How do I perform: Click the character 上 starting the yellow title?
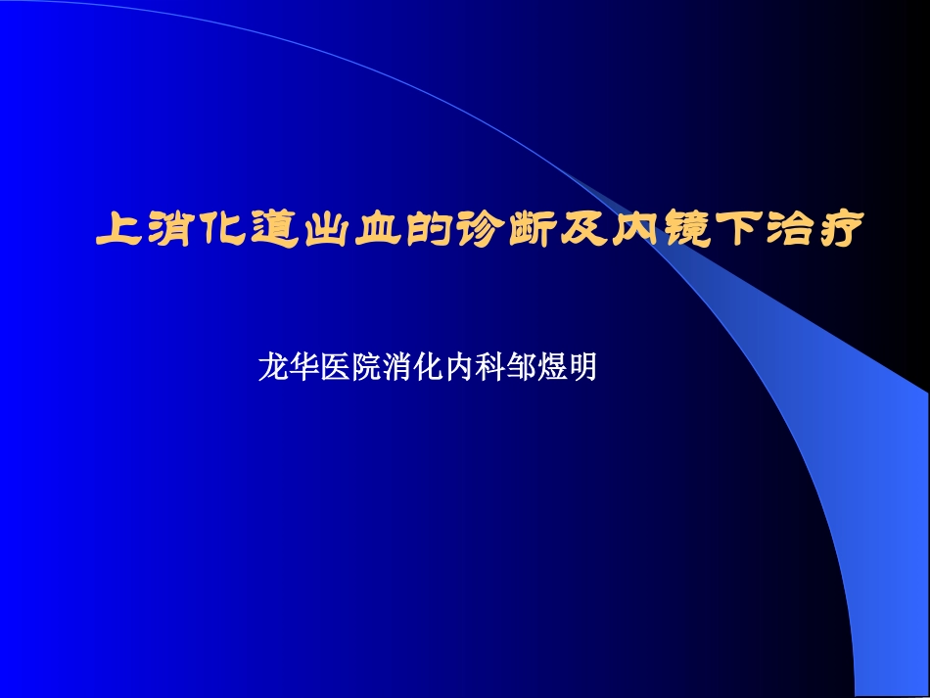[x=117, y=231]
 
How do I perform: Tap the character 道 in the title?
[x=260, y=231]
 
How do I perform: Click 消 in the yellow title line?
[x=165, y=231]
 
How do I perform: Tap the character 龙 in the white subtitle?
[x=271, y=368]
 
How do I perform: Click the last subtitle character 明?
[x=583, y=368]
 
